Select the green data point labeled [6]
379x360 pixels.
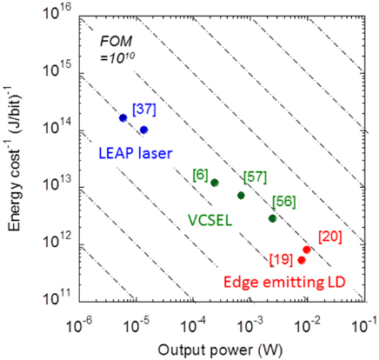(x=214, y=183)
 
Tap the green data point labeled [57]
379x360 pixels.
(x=241, y=195)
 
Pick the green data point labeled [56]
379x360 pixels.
(x=272, y=218)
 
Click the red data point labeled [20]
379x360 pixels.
(x=307, y=250)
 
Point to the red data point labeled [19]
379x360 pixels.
(x=301, y=260)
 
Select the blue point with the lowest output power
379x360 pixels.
(x=123, y=117)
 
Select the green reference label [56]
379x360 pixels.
(x=283, y=201)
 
